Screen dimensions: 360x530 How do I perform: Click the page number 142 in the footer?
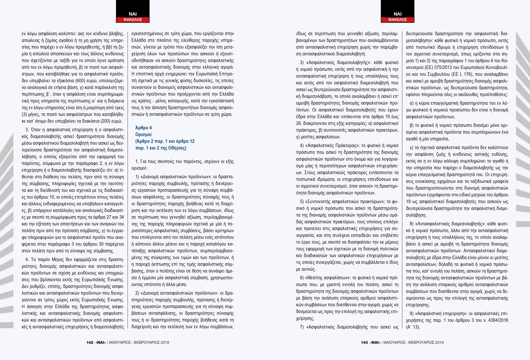pyautogui.click(x=90, y=342)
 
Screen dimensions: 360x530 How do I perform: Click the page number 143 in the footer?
pyautogui.click(x=364, y=342)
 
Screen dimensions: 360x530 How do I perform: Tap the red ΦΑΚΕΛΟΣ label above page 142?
pyautogui.click(x=132, y=20)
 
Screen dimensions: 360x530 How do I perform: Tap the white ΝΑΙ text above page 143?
pyautogui.click(x=397, y=14)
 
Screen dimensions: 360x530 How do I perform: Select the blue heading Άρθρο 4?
pyautogui.click(x=143, y=128)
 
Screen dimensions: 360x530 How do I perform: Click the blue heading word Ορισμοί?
pyautogui.click(x=143, y=135)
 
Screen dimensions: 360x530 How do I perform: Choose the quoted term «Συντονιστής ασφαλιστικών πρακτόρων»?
pyautogui.click(x=344, y=202)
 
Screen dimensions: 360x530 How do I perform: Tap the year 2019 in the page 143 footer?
pyautogui.click(x=439, y=342)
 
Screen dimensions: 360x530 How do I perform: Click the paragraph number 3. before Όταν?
pyautogui.click(x=27, y=130)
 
